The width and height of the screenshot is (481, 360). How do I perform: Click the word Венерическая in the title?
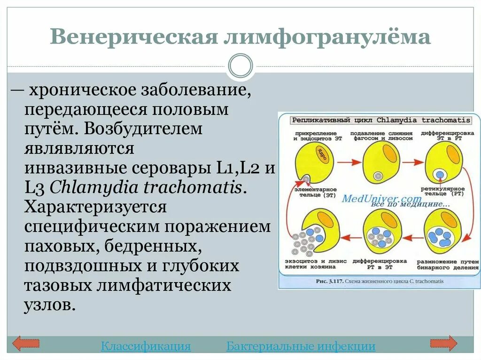tap(133, 37)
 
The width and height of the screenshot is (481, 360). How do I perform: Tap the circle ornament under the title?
tap(240, 66)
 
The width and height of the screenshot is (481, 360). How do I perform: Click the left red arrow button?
tap(25, 344)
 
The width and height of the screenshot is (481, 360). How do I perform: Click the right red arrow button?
tap(443, 344)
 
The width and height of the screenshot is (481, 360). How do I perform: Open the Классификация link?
tap(146, 346)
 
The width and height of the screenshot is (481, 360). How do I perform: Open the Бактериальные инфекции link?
tap(301, 346)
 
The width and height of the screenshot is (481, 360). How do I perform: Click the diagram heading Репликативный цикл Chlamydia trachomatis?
tap(381, 120)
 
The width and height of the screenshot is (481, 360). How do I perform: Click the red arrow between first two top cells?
tap(347, 162)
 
